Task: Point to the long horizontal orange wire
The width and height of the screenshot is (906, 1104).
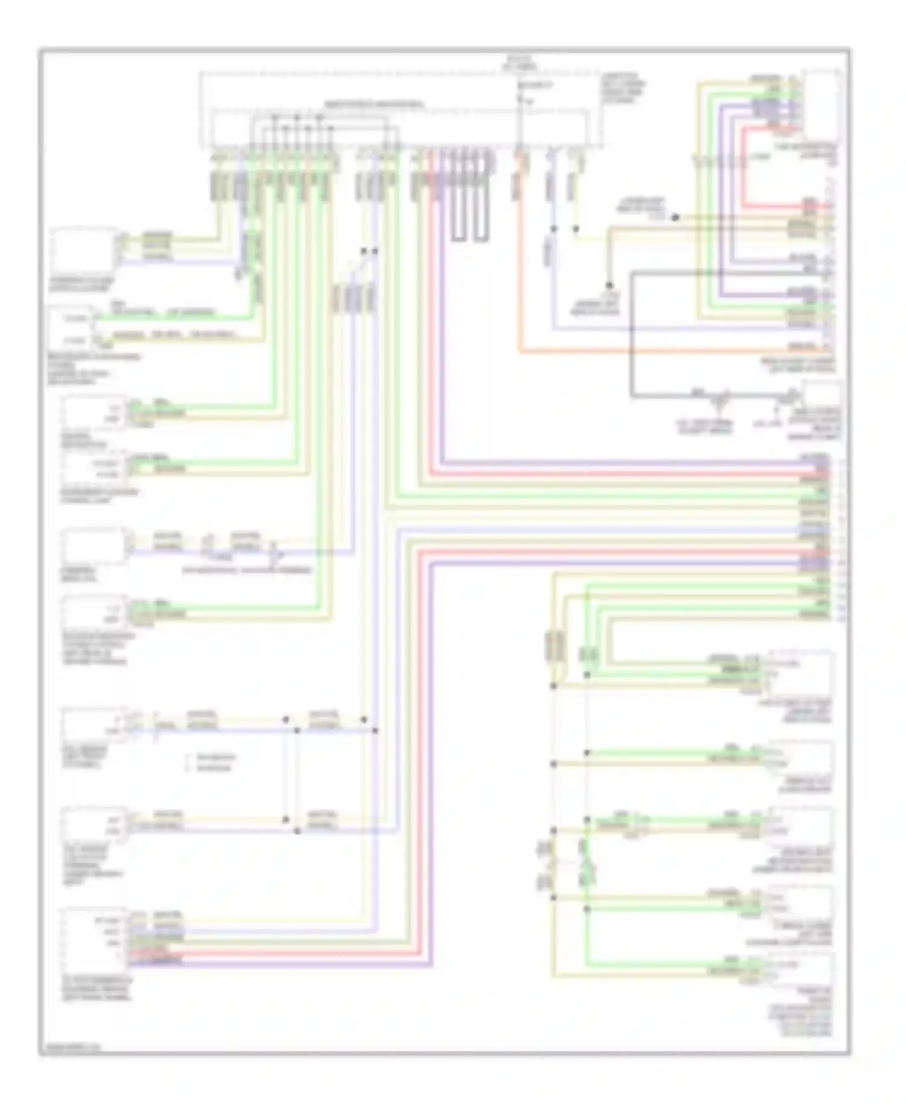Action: click(664, 351)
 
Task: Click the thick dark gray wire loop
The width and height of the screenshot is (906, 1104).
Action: click(632, 338)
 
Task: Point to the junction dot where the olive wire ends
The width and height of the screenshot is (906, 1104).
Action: click(609, 285)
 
